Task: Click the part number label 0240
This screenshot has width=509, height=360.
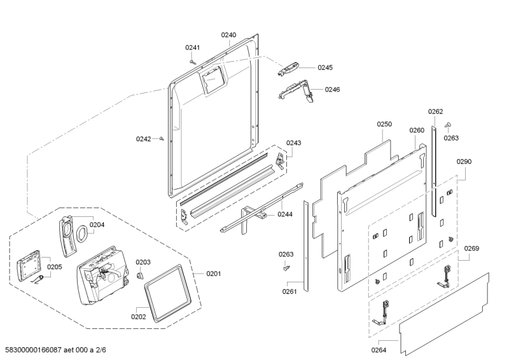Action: [228, 35]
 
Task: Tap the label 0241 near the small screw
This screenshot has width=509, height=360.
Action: [192, 48]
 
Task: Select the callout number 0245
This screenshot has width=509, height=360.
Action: [325, 67]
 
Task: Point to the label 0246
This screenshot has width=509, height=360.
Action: [332, 90]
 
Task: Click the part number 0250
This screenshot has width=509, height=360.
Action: [384, 124]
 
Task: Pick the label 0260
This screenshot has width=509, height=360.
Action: [417, 130]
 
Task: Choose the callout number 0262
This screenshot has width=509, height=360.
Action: [435, 111]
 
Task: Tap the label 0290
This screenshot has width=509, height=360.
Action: [464, 162]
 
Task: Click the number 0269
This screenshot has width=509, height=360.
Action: [471, 248]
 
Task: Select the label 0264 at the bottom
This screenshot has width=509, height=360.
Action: [379, 349]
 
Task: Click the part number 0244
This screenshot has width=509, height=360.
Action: [284, 214]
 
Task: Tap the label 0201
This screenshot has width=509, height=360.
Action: [213, 274]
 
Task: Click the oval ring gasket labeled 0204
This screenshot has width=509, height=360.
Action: [81, 235]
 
